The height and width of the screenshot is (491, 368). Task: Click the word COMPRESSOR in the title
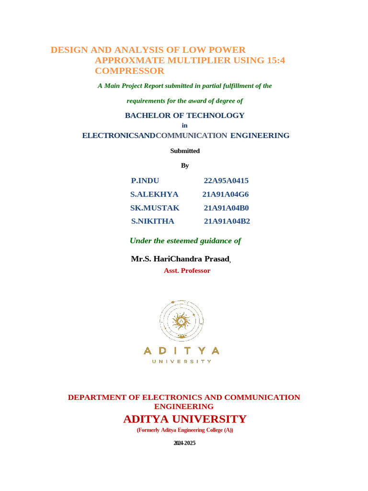click(x=129, y=71)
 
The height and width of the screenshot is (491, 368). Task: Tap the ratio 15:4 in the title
click(x=279, y=60)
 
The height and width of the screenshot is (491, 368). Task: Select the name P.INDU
click(x=145, y=181)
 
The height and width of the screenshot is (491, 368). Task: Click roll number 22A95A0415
click(x=226, y=181)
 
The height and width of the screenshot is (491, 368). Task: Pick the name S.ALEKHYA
click(x=154, y=194)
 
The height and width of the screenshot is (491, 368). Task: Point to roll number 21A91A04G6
click(x=226, y=194)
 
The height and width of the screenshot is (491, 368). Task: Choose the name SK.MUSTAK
click(x=155, y=208)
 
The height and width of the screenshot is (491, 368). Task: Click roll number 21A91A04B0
click(x=226, y=208)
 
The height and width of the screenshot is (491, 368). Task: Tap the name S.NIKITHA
click(x=153, y=222)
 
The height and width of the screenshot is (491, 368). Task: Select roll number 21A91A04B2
click(x=227, y=222)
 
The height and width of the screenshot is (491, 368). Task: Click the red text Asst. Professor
click(x=187, y=271)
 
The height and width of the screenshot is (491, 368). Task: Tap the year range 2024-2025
click(x=184, y=444)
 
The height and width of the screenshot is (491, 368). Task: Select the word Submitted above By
click(x=185, y=151)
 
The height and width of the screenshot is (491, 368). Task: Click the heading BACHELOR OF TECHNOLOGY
click(x=184, y=116)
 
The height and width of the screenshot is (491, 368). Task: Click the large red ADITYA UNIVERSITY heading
click(x=184, y=419)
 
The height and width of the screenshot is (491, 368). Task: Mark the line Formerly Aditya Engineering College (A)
click(x=184, y=430)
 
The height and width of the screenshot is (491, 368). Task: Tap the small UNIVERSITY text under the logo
click(x=182, y=362)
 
